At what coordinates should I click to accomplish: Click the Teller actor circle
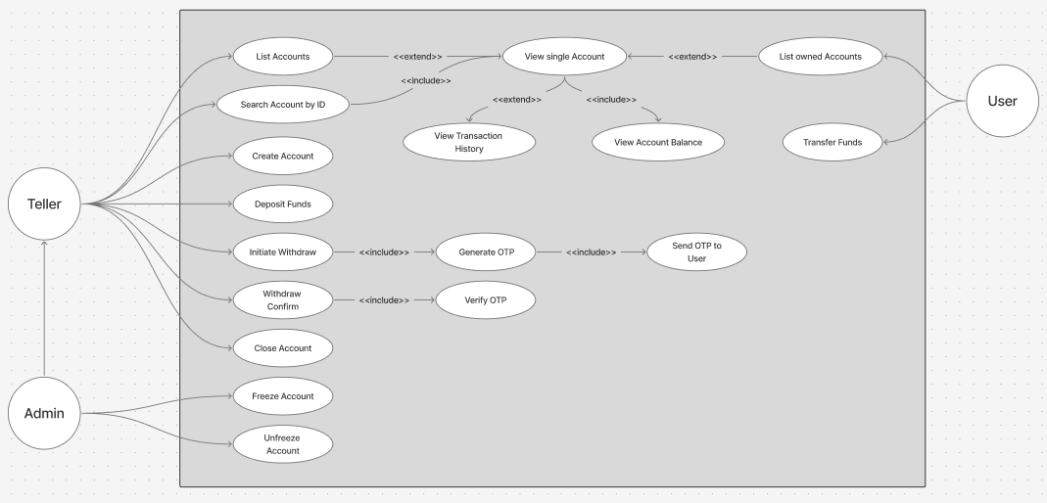(x=44, y=205)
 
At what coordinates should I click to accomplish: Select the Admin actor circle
(x=44, y=413)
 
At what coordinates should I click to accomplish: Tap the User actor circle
(x=1004, y=101)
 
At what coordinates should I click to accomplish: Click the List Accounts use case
(x=282, y=57)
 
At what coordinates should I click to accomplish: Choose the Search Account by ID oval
(x=282, y=105)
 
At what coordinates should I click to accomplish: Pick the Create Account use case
(x=282, y=157)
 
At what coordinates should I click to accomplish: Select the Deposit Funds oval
(x=282, y=205)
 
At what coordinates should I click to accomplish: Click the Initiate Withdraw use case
(x=282, y=251)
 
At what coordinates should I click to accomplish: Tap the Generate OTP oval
(x=486, y=251)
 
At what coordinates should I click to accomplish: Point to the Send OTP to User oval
(x=696, y=251)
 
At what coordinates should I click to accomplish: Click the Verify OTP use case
(x=486, y=299)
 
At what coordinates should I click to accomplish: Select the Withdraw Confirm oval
(x=282, y=299)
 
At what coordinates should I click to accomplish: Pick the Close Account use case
(x=282, y=347)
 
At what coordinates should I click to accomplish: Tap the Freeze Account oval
(x=282, y=396)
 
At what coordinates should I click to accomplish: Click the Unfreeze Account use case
(x=282, y=444)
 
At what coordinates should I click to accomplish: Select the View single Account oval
(x=565, y=57)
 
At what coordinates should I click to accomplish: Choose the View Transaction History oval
(x=469, y=142)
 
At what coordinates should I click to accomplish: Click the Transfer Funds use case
(x=833, y=142)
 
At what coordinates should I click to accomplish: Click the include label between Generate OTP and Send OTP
(x=591, y=252)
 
